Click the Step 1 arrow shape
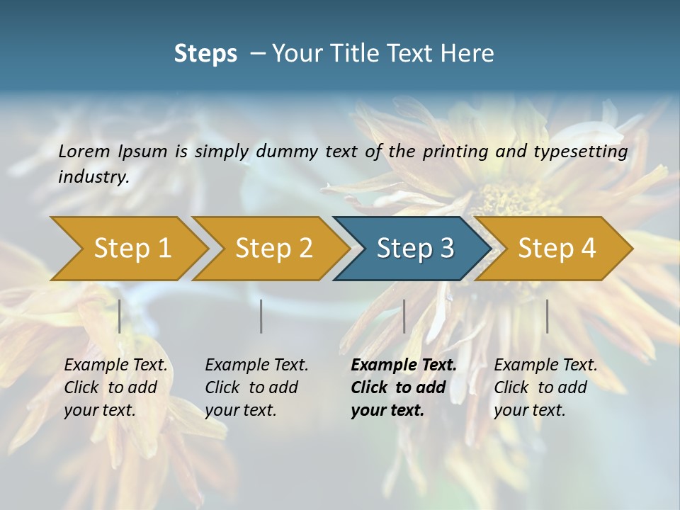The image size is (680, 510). point(127,249)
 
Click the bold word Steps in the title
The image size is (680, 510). point(205,53)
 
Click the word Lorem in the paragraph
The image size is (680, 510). point(84,151)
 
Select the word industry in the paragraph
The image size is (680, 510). point(93,177)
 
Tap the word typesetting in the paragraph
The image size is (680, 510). point(580,152)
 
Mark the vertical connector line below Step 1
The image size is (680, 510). point(120,316)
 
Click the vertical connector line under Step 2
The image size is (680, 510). point(261,316)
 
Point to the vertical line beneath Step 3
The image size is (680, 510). point(404,316)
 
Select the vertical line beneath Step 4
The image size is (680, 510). point(547,316)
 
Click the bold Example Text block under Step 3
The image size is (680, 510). point(403,387)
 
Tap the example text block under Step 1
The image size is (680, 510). point(115,387)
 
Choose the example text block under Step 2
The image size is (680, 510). point(256,387)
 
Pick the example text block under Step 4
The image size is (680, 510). point(545,387)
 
